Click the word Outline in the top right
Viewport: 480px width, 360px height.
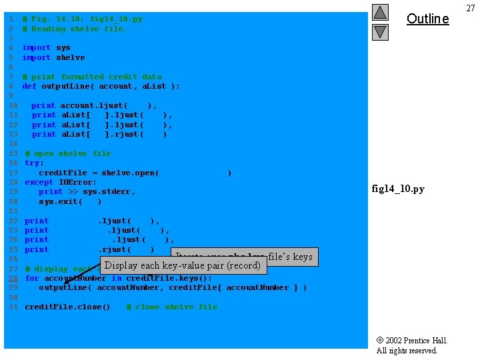click(427, 19)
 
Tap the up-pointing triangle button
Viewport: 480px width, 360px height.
click(380, 13)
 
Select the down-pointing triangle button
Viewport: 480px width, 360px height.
click(380, 31)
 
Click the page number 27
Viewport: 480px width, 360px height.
click(471, 7)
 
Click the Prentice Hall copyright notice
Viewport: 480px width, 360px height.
click(411, 345)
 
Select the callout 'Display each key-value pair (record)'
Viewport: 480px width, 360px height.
click(183, 265)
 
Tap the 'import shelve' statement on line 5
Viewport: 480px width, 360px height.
click(53, 57)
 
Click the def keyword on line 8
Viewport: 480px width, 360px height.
click(29, 86)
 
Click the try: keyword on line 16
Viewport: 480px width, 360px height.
click(34, 163)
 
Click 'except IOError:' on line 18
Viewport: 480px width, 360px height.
click(61, 182)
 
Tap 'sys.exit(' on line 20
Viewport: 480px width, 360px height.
click(60, 201)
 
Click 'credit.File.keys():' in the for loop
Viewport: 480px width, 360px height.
click(169, 278)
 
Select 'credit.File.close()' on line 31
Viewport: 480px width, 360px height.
click(67, 307)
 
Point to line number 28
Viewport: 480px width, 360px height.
click(13, 278)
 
